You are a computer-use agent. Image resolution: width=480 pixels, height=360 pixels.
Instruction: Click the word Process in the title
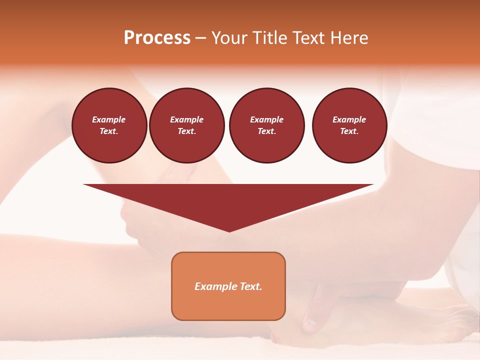pos(157,38)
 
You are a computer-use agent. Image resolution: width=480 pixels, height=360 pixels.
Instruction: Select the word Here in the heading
pos(349,38)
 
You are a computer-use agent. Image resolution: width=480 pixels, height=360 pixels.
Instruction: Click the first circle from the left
pos(109,125)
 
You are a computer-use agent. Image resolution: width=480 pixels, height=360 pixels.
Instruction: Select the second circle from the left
pos(186,125)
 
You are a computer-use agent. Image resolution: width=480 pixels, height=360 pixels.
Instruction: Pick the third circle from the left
pos(266,125)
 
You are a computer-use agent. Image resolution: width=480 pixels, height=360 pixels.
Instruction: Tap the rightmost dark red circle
pos(349,125)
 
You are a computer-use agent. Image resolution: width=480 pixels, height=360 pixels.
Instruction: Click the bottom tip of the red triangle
pos(229,231)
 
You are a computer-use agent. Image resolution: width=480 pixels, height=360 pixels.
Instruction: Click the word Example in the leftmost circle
pos(109,119)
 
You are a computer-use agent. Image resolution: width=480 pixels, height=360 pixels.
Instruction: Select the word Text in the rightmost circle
pos(349,131)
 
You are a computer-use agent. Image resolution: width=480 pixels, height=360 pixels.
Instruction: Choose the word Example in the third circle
pos(266,119)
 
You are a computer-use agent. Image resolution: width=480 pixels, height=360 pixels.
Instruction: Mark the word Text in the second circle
pos(186,131)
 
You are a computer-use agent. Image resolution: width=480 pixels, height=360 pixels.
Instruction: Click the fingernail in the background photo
pos(310,325)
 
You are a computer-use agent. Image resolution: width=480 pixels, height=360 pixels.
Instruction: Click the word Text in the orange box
pos(251,286)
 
